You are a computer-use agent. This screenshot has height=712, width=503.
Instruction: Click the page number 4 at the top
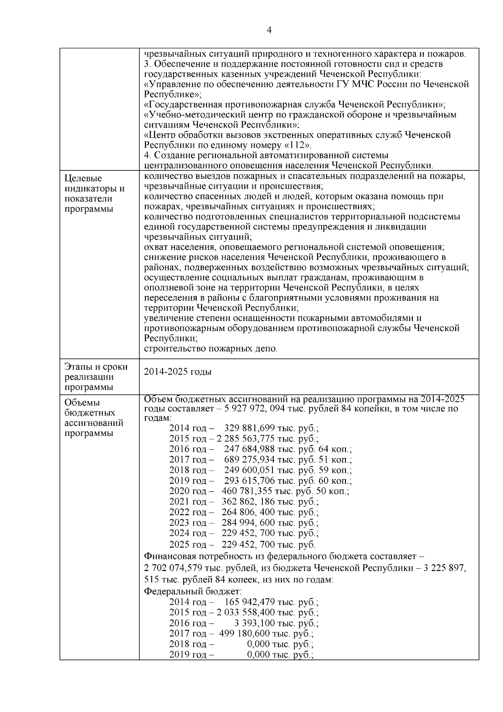(x=269, y=30)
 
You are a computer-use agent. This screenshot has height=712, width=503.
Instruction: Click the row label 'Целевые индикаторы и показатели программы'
(x=94, y=194)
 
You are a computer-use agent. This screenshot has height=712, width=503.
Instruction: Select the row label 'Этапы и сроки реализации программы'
(x=96, y=376)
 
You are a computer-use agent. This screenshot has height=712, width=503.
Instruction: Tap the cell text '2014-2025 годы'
(x=177, y=372)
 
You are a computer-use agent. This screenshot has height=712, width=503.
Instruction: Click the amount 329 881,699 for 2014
(x=249, y=428)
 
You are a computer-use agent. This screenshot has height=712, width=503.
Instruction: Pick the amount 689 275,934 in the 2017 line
(x=249, y=459)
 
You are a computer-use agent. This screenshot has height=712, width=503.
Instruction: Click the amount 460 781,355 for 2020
(x=247, y=491)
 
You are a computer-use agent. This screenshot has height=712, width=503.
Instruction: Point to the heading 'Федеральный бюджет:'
(x=193, y=591)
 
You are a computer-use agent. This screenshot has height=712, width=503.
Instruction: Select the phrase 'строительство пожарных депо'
(x=210, y=348)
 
